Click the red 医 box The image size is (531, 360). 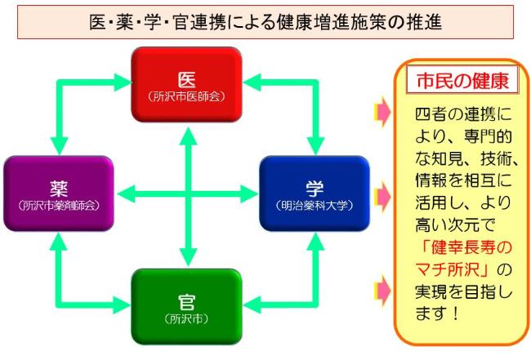tap(186, 85)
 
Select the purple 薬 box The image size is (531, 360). tap(59, 193)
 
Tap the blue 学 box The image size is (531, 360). tap(315, 193)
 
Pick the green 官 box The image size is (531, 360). tap(186, 307)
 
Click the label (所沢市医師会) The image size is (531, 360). tap(186, 97)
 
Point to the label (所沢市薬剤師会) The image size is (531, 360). tap(59, 206)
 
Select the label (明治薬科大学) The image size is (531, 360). tap(315, 206)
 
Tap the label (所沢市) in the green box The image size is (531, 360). tap(186, 319)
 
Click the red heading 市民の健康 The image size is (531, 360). tap(462, 81)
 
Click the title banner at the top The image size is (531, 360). tap(265, 22)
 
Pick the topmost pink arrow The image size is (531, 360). tap(382, 112)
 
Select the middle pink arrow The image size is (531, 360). tap(382, 197)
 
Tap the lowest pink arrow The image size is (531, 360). tap(382, 291)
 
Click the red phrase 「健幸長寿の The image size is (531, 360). tap(467, 247)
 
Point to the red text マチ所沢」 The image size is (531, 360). tap(453, 270)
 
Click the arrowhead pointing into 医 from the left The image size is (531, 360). tap(123, 82)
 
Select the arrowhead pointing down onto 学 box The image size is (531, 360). tap(315, 146)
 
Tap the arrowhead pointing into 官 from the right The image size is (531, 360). tap(252, 304)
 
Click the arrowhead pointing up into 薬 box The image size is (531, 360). tap(59, 241)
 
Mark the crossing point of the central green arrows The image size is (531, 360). tap(188, 194)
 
